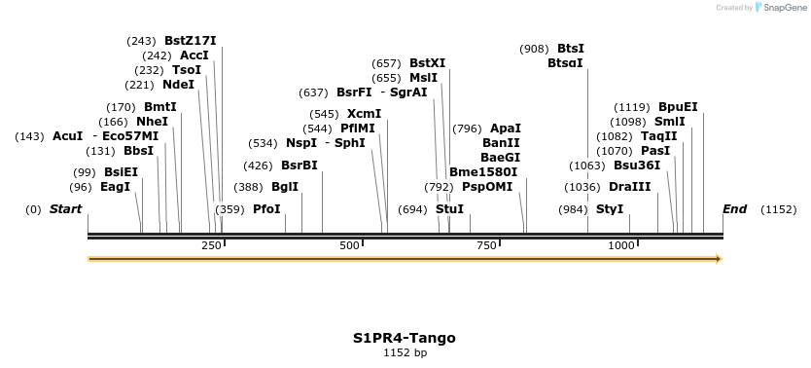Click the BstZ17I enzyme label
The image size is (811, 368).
pos(190,41)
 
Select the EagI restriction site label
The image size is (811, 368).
pos(115,187)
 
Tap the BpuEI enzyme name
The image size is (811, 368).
pos(678,107)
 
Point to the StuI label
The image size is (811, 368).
pos(449,209)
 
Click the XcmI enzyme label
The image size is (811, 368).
pos(364,114)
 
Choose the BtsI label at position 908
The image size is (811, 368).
pos(571,49)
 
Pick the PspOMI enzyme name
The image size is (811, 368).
pos(487,187)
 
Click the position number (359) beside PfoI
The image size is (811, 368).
pos(229,209)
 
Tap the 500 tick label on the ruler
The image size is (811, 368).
pos(349,246)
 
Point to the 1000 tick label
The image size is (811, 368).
pos(621,246)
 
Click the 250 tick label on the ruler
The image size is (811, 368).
pos(211,246)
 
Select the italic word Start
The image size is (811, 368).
pos(65,209)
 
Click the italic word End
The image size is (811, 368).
pos(734,209)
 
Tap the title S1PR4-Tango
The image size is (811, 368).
pos(404,338)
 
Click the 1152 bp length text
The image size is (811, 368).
pos(405,352)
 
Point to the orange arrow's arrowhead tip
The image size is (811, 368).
pos(720,259)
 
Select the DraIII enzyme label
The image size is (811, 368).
pos(629,187)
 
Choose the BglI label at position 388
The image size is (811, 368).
pos(285,187)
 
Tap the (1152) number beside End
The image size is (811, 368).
pos(778,209)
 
